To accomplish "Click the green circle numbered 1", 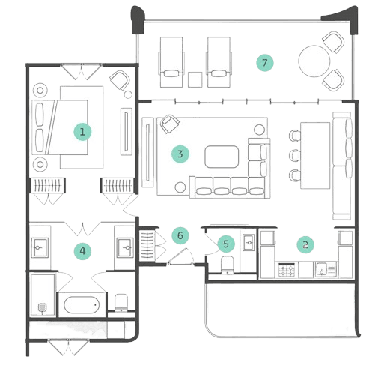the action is click(x=82, y=132).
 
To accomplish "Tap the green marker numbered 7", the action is click(x=265, y=62).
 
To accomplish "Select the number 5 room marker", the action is click(x=226, y=244).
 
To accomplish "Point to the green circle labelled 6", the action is click(x=180, y=235).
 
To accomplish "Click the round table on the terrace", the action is click(x=314, y=61).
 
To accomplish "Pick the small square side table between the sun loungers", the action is click(x=195, y=79).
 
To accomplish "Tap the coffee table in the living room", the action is click(x=222, y=157).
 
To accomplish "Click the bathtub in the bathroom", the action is click(x=82, y=305).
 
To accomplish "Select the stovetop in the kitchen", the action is click(x=286, y=269).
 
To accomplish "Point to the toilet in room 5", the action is click(x=227, y=265).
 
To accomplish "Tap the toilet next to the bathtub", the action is click(x=121, y=303).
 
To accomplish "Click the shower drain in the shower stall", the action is click(x=42, y=307).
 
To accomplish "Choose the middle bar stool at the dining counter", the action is click(x=295, y=155).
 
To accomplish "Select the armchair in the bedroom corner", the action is click(x=120, y=80).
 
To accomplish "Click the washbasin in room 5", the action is click(x=249, y=242).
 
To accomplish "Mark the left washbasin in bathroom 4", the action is click(x=40, y=247).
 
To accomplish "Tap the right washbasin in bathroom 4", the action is click(x=125, y=247).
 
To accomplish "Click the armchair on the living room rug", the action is click(x=169, y=124).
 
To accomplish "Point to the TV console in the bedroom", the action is click(x=127, y=131).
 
